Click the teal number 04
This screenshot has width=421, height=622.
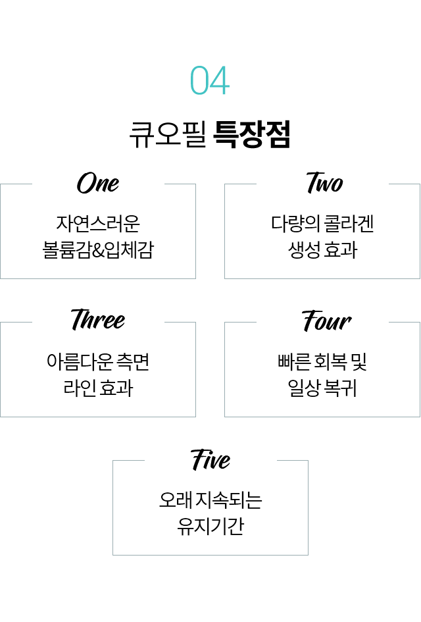(x=210, y=80)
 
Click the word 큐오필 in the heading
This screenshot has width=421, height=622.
(x=168, y=134)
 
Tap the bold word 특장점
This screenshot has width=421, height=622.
(x=252, y=134)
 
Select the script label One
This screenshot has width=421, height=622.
(x=98, y=183)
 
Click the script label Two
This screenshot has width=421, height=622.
(x=324, y=183)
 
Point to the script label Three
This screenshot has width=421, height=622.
(x=98, y=320)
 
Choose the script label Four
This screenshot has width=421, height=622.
(x=326, y=321)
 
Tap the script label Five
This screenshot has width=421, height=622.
(x=210, y=459)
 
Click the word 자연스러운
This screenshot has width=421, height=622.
(x=98, y=223)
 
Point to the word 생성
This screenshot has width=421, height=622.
(x=304, y=250)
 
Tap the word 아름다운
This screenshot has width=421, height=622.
(x=80, y=361)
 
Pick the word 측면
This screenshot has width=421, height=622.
(x=134, y=361)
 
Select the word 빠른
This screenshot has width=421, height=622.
(x=294, y=361)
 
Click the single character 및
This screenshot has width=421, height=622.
(x=359, y=361)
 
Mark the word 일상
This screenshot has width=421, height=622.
(x=304, y=388)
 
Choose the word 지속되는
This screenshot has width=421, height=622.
(x=228, y=500)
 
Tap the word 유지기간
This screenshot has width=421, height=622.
(x=210, y=527)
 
